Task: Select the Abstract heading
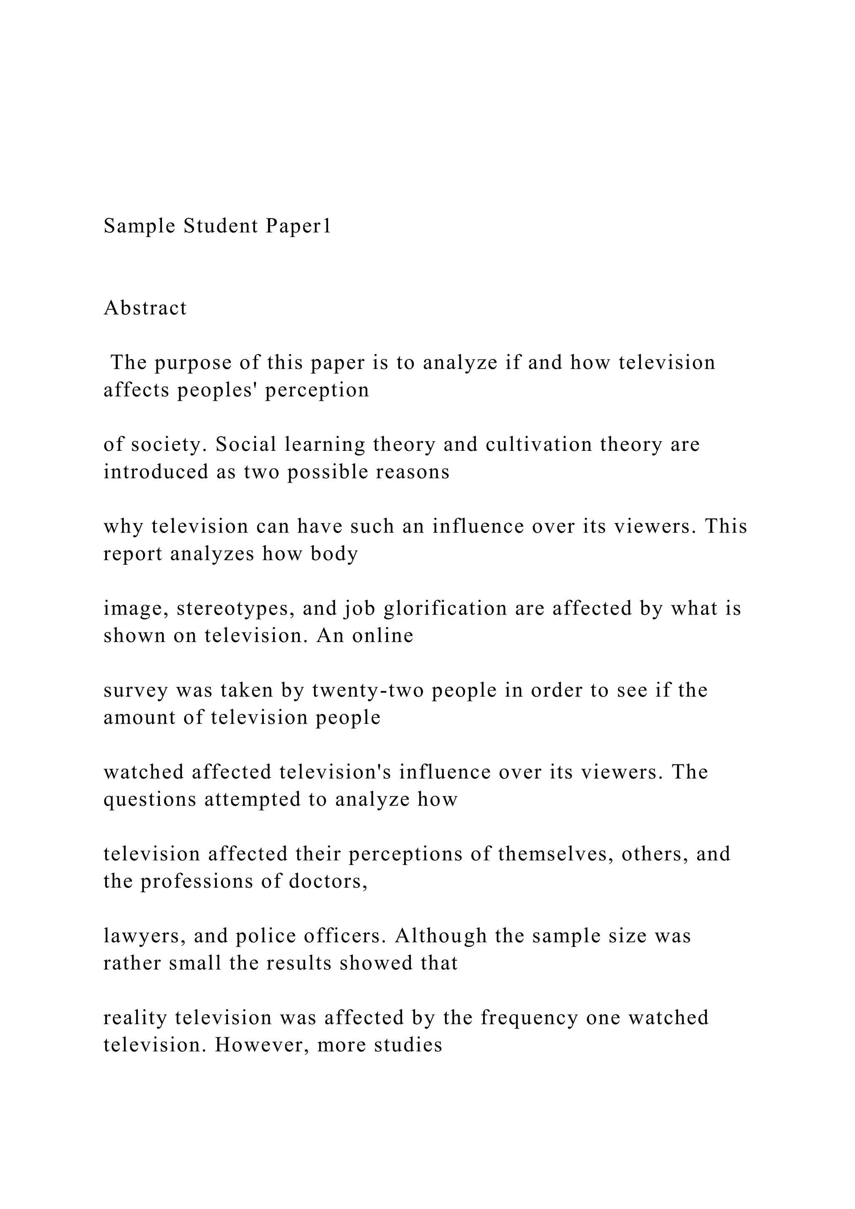[x=145, y=308]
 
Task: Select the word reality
[x=135, y=1018]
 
